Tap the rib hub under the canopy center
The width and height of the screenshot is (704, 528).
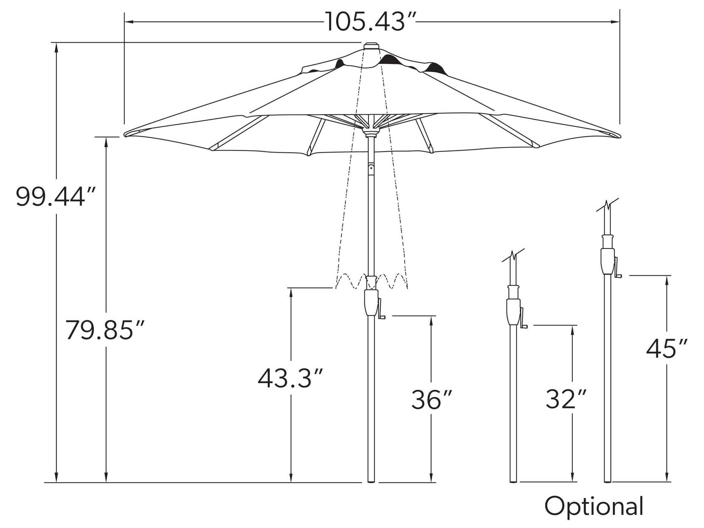[371, 131]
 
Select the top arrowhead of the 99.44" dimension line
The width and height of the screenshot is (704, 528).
[57, 47]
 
